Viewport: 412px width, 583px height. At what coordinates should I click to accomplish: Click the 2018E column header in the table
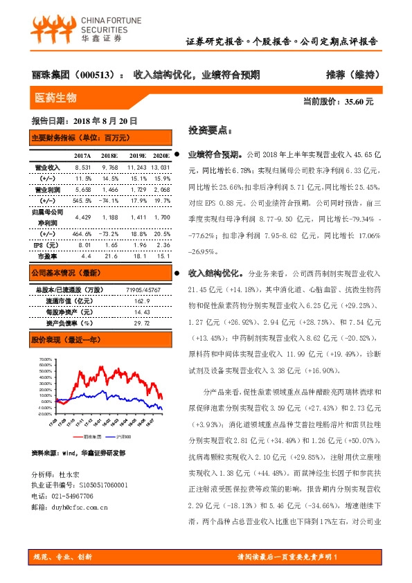109,156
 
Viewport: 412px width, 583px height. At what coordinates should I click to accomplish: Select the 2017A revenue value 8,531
82,168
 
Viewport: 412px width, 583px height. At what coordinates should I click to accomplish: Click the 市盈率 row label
48,256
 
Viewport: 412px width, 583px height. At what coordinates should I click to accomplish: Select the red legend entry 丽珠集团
91,437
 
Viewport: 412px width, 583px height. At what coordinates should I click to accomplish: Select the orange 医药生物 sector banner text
55,97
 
